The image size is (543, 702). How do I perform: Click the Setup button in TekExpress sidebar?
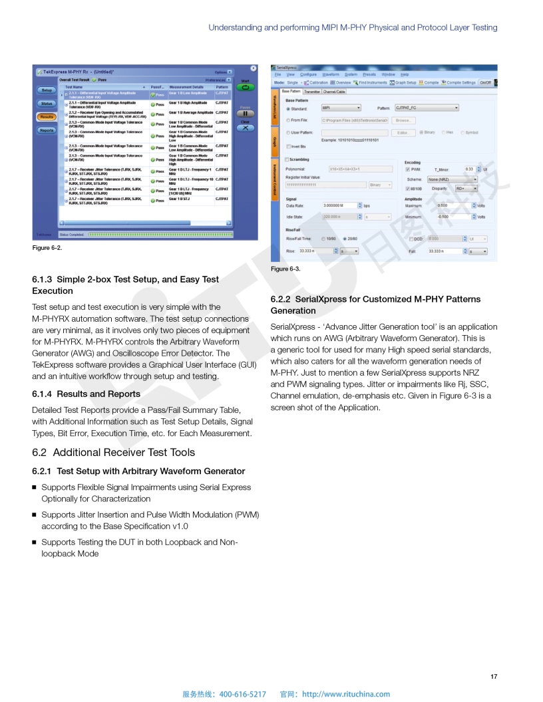click(47, 90)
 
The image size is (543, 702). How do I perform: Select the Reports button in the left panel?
click(47, 130)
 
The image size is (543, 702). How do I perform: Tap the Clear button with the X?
click(245, 126)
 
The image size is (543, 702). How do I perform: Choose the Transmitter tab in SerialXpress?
click(312, 91)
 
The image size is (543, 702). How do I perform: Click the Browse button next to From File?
click(403, 120)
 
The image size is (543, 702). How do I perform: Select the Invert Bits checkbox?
click(288, 146)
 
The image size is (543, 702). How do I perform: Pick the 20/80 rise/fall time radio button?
click(345, 239)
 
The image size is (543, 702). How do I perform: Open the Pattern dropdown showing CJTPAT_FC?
click(427, 108)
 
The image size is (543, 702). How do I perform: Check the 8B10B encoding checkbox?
click(408, 188)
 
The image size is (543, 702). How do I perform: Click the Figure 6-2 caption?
click(47, 248)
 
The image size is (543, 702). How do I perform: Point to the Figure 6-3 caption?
click(285, 269)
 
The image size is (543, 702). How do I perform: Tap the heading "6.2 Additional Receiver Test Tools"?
click(114, 453)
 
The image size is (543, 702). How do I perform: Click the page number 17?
click(493, 677)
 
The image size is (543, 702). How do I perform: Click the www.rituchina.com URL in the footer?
click(346, 694)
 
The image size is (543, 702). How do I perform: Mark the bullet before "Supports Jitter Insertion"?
click(35, 515)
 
